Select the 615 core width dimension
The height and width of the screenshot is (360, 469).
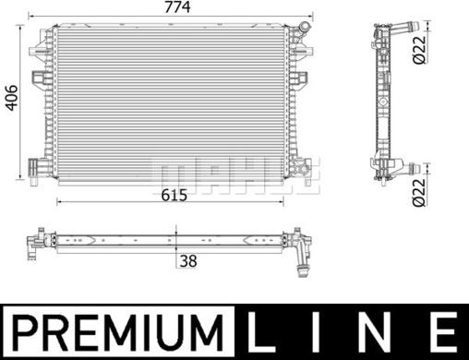pyautogui.click(x=175, y=195)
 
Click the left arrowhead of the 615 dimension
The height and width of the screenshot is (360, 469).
pyautogui.click(x=60, y=201)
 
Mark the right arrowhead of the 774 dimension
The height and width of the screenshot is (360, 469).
pyautogui.click(x=313, y=17)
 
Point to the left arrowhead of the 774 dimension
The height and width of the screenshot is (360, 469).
pyautogui.click(x=30, y=17)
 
